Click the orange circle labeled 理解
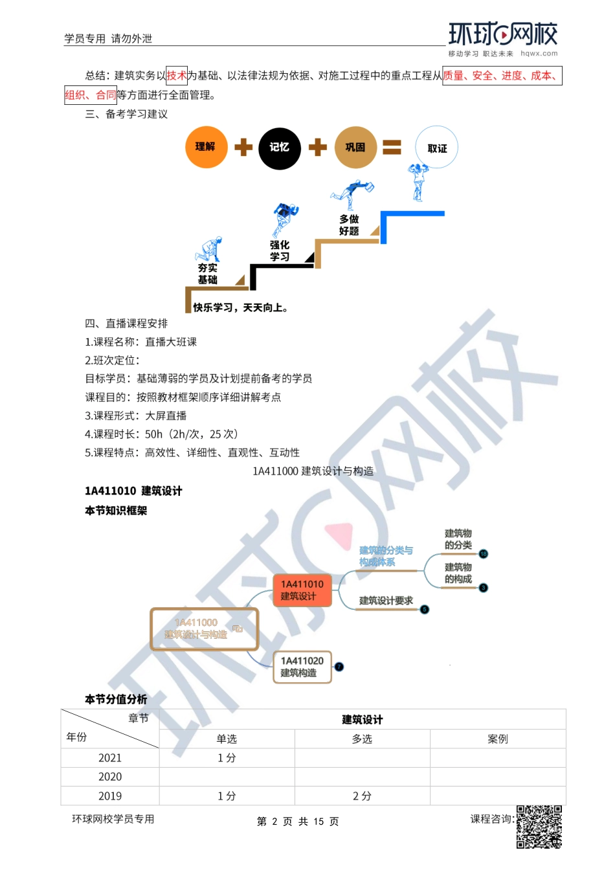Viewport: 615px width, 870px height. click(205, 147)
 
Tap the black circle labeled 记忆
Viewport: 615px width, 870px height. click(280, 148)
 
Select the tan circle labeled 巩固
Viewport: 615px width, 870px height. click(355, 148)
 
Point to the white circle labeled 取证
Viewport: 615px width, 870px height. click(437, 148)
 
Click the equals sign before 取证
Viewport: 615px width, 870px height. click(392, 148)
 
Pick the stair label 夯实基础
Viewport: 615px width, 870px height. click(207, 274)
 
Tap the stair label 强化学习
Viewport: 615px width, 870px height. click(280, 251)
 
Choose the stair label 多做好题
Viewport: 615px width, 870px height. click(349, 225)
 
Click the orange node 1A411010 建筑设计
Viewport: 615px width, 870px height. click(302, 590)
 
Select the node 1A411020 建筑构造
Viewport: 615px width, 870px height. click(302, 667)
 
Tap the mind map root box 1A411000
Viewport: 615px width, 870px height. click(204, 629)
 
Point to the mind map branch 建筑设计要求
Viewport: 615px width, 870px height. click(386, 601)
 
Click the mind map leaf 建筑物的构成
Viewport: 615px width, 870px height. click(458, 573)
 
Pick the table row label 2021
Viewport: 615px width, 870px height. click(110, 758)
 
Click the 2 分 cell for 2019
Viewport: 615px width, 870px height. click(362, 796)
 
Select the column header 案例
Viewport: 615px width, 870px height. click(498, 739)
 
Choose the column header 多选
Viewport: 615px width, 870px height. click(362, 739)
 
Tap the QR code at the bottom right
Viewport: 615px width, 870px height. click(539, 827)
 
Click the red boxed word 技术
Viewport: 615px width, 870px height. click(177, 76)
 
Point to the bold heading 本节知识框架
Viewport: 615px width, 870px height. click(116, 511)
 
